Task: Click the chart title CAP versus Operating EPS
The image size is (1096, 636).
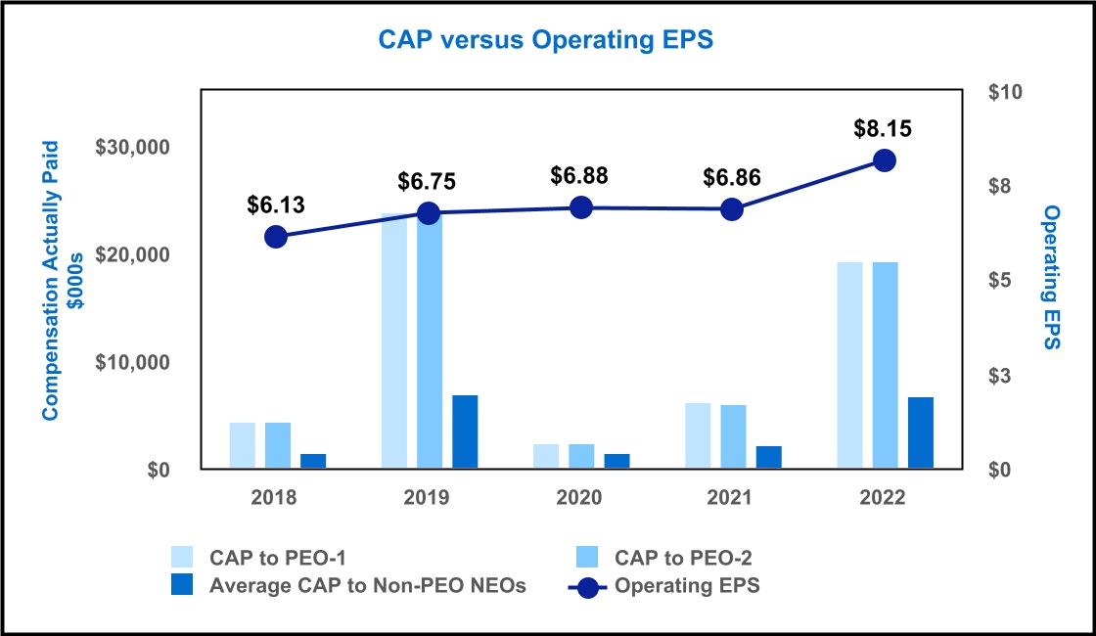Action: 547,40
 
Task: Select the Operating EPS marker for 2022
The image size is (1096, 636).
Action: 885,160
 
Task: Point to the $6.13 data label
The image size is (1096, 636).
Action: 276,205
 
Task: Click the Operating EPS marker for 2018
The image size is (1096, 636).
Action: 276,237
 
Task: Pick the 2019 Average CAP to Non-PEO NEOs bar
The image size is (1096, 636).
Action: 465,432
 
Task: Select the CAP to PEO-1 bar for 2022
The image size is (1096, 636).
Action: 850,366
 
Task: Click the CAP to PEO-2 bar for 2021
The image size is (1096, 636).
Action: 733,436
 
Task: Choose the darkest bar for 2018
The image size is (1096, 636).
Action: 313,461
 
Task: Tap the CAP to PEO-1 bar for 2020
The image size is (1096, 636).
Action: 546,457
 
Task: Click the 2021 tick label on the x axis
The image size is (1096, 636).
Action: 730,497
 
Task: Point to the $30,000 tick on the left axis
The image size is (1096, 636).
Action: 132,148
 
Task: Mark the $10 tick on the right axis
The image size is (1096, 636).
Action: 1005,92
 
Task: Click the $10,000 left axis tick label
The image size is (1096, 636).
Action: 132,362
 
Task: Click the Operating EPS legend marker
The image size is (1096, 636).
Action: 588,587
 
